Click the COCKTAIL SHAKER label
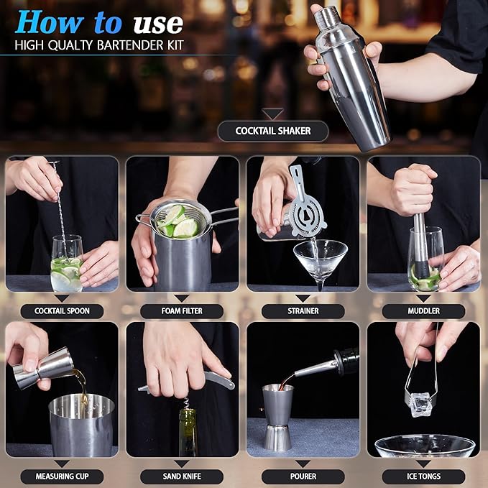click(x=272, y=132)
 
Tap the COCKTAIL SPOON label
click(x=61, y=311)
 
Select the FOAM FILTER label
click(x=182, y=311)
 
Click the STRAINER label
click(x=302, y=311)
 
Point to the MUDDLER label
click(x=423, y=311)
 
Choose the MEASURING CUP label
click(x=61, y=476)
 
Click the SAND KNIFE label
click(x=182, y=476)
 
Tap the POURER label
click(x=302, y=476)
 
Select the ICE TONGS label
click(x=423, y=476)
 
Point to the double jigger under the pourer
click(x=277, y=417)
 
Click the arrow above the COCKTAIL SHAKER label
click(x=272, y=113)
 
